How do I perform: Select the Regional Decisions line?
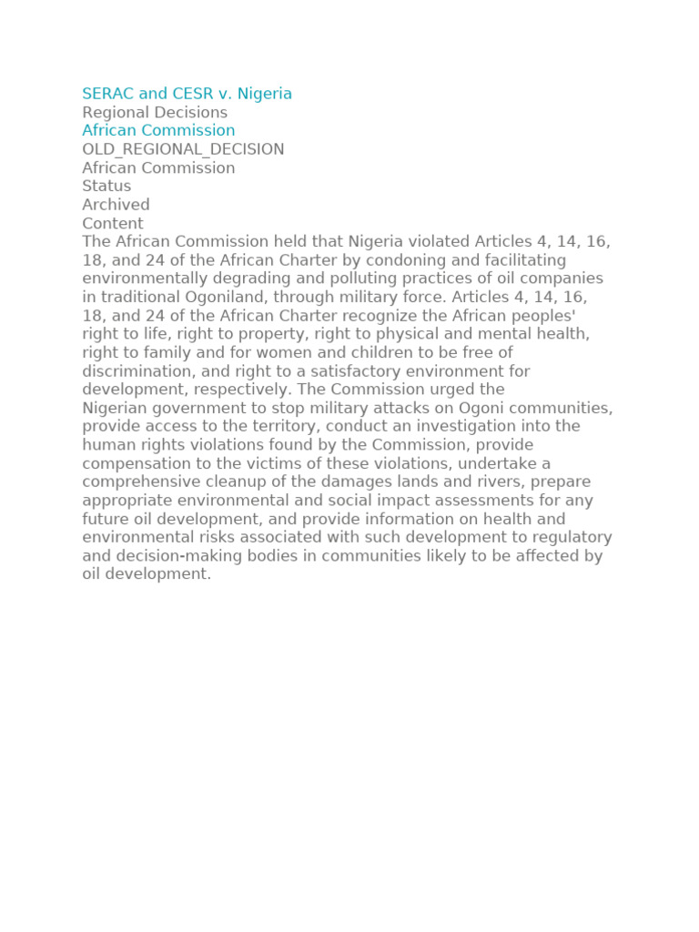pyautogui.click(x=155, y=112)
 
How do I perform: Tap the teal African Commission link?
pyautogui.click(x=158, y=130)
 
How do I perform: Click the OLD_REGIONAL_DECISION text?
pyautogui.click(x=183, y=149)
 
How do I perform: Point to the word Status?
pyautogui.click(x=106, y=186)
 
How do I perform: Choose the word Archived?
pyautogui.click(x=116, y=205)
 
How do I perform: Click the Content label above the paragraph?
pyautogui.click(x=113, y=223)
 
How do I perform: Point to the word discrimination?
pyautogui.click(x=138, y=371)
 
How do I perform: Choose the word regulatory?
pyautogui.click(x=566, y=537)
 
